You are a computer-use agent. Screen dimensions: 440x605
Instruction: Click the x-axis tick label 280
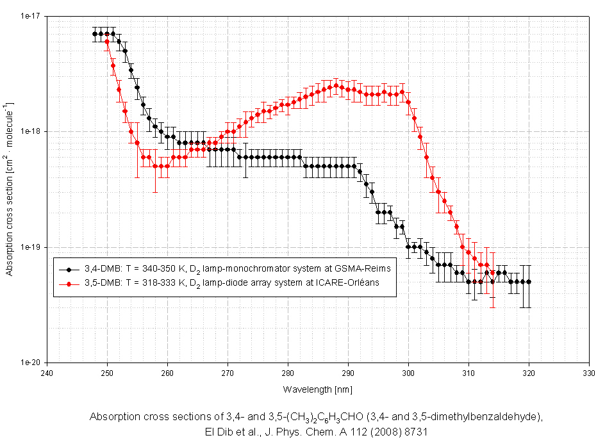[288, 371]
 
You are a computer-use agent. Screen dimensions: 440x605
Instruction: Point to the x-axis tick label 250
[107, 371]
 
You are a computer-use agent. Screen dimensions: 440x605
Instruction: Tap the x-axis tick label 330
[589, 371]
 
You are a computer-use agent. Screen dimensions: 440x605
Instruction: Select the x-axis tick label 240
[47, 371]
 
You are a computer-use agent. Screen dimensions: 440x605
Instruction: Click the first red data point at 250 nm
[107, 42]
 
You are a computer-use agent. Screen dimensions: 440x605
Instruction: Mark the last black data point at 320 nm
[529, 282]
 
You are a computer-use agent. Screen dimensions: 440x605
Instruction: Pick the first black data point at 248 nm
[95, 34]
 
